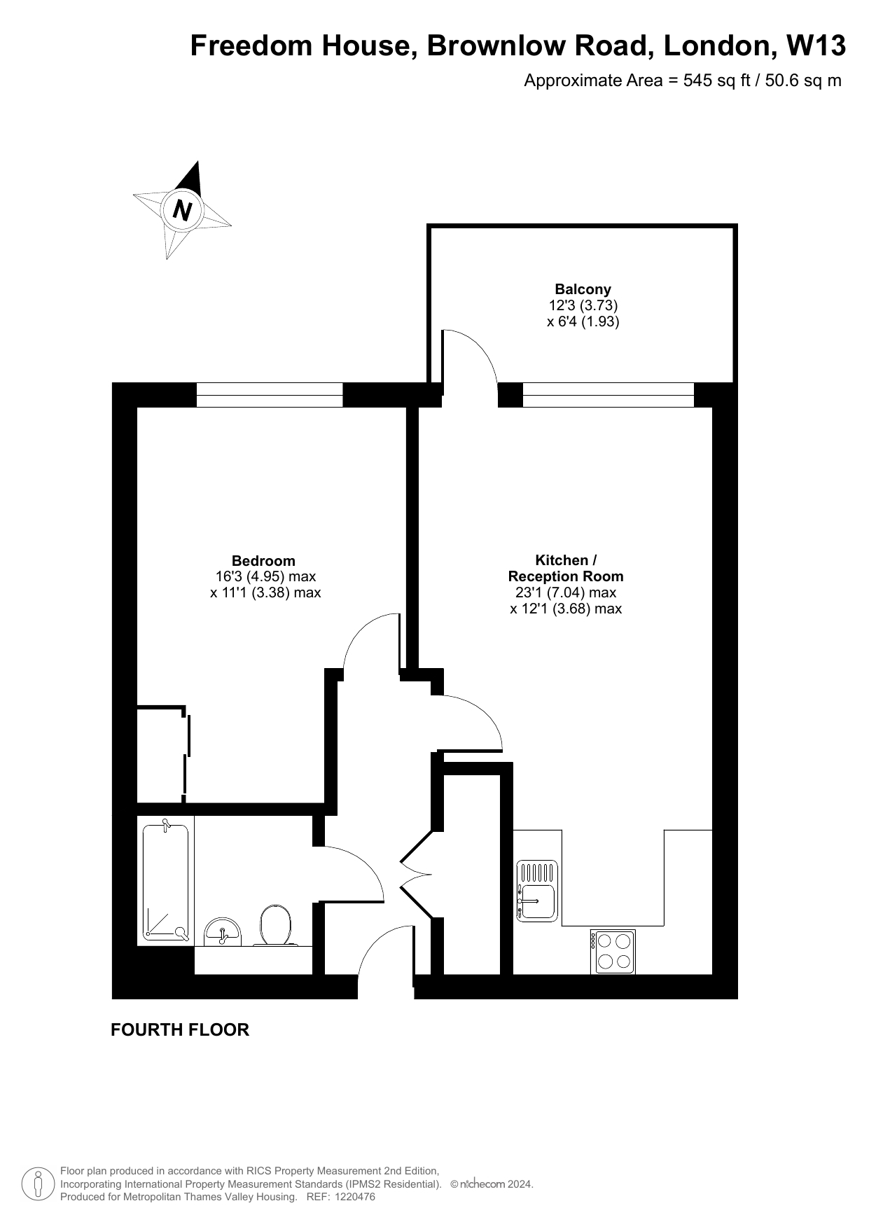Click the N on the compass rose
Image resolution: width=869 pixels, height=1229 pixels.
pos(183,209)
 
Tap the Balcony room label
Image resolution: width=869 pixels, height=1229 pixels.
pos(583,289)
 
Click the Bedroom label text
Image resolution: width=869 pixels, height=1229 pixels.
pos(263,561)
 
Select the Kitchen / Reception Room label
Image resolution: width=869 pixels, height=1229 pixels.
pos(566,568)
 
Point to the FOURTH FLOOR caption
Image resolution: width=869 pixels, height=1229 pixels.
pos(180,1029)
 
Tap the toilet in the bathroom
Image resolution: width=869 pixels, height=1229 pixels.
pos(275,925)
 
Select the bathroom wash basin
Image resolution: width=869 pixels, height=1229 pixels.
pos(223,932)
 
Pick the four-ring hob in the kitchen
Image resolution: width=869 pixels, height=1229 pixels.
pos(613,952)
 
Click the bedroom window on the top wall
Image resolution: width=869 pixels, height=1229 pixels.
pos(270,395)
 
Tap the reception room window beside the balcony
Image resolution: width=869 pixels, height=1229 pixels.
pos(609,395)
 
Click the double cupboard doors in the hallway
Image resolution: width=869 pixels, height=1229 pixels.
pos(416,874)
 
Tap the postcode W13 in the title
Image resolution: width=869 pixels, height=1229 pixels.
pos(816,46)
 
